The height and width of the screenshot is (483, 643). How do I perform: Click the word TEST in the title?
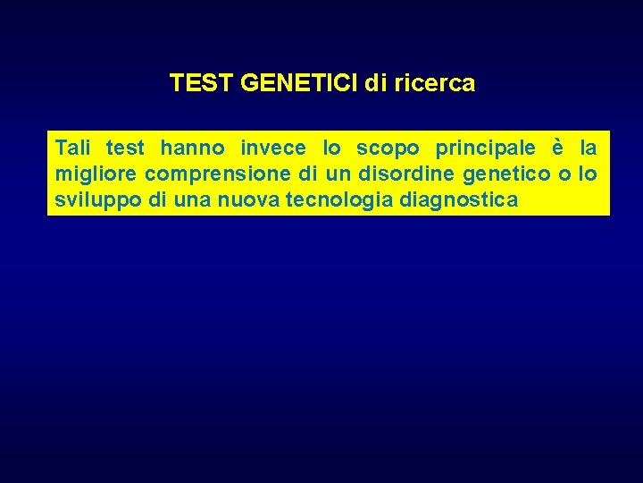[x=202, y=84]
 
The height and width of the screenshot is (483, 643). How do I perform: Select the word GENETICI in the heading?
[x=299, y=84]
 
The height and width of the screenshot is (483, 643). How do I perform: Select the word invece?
[x=273, y=148]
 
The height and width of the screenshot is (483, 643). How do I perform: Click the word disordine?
[x=411, y=174]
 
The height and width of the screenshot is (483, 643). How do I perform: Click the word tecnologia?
[x=340, y=200]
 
